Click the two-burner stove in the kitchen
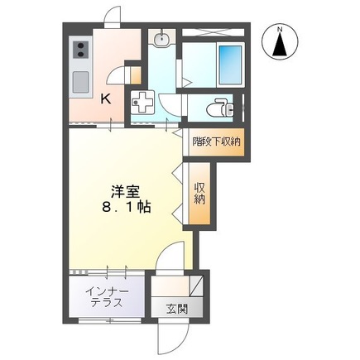(81, 52)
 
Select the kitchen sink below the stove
(80, 82)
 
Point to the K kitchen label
(105, 98)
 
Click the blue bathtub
(228, 60)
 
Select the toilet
(220, 108)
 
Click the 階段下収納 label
(216, 141)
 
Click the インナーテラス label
(105, 296)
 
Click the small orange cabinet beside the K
(127, 75)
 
